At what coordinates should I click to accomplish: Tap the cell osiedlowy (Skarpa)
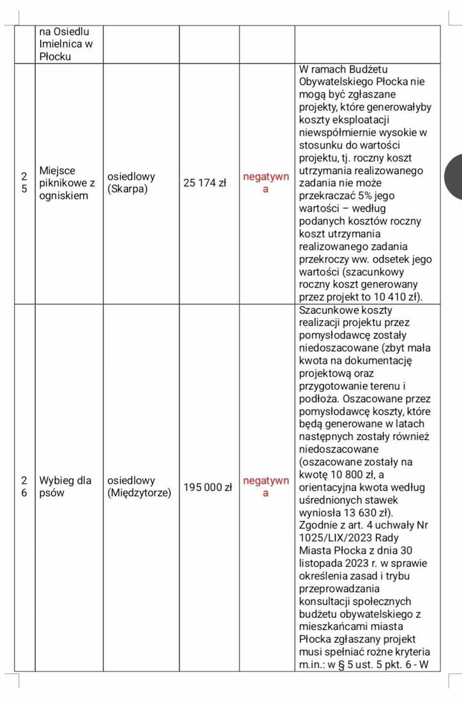131,183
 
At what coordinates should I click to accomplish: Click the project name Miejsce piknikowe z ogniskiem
67,183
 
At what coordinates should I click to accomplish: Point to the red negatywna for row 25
266,183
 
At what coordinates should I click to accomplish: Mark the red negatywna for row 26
266,486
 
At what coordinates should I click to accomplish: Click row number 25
24,183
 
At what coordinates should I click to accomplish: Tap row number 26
24,486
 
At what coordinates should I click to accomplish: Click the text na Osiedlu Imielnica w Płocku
66,43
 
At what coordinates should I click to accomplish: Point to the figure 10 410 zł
390,296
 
